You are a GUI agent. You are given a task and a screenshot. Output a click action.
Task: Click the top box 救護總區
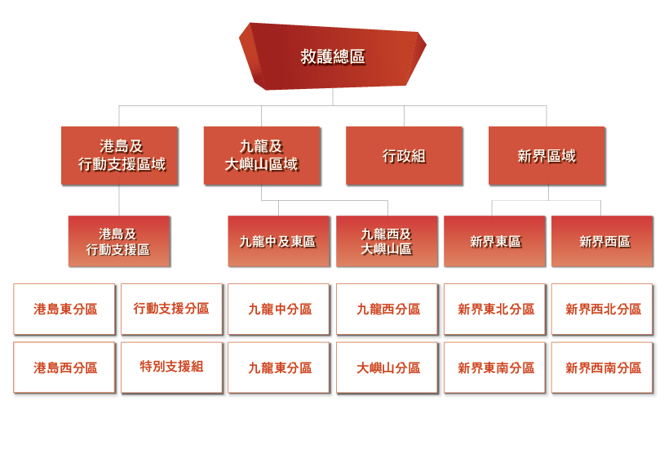(x=332, y=56)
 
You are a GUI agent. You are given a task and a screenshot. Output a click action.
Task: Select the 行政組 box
(x=404, y=156)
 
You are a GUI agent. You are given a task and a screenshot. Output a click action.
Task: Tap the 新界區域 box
(x=547, y=156)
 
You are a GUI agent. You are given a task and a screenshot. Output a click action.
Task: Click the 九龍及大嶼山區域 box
(x=261, y=156)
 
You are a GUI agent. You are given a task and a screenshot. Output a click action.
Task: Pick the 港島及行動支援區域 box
(x=119, y=156)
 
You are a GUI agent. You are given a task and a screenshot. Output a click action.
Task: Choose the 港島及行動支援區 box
(x=119, y=242)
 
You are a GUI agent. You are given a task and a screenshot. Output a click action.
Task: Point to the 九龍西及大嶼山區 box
(x=387, y=242)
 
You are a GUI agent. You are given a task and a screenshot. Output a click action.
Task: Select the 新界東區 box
(x=494, y=242)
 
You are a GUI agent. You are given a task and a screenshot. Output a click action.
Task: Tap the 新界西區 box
(x=602, y=242)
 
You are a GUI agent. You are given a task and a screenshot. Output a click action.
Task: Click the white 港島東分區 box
(x=64, y=309)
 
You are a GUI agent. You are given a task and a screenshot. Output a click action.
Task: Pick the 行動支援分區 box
(x=171, y=309)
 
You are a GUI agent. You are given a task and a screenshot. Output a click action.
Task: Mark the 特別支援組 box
(x=171, y=367)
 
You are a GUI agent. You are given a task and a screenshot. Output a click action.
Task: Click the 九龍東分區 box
(x=279, y=368)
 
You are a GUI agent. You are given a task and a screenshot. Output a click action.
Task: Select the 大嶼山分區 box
(x=387, y=368)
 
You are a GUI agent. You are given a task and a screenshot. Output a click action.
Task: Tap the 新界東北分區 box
(x=495, y=309)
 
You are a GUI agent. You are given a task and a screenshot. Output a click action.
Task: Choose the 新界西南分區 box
(x=603, y=368)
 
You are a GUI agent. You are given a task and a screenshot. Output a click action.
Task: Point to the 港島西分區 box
(x=64, y=368)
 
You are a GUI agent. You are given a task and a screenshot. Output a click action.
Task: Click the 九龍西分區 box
(x=387, y=309)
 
